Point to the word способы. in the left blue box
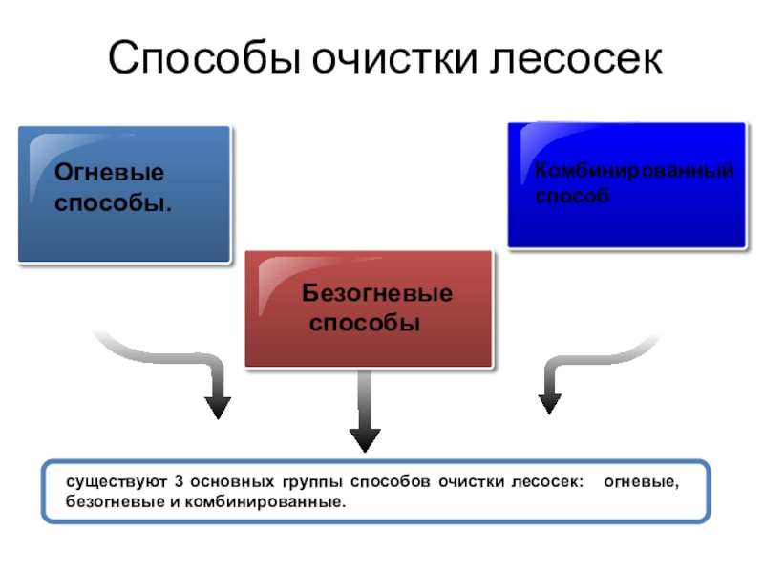click(114, 203)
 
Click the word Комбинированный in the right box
click(634, 171)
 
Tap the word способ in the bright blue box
click(571, 195)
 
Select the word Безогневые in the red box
click(378, 294)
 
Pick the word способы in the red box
click(366, 324)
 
